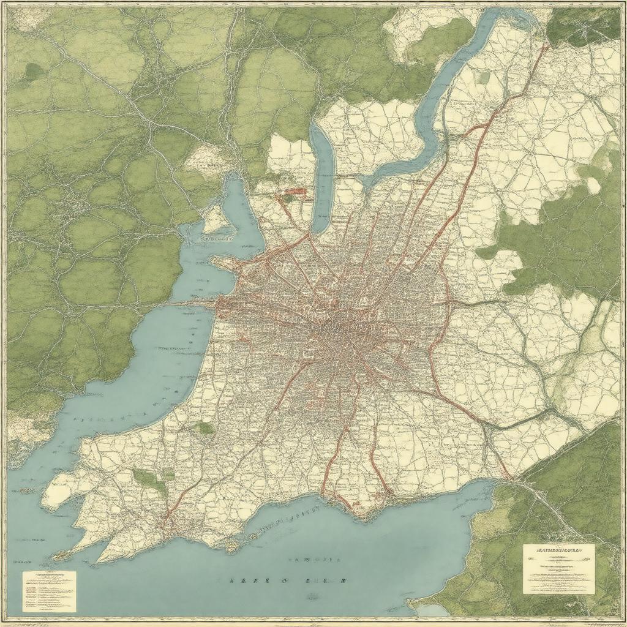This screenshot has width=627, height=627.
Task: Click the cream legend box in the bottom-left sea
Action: click(x=49, y=591)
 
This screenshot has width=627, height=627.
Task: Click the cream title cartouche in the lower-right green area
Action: click(x=558, y=569)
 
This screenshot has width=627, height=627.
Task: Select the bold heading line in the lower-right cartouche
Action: click(x=558, y=549)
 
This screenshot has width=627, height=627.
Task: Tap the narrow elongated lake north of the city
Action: click(x=323, y=178)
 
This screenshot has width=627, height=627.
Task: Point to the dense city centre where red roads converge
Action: click(x=343, y=331)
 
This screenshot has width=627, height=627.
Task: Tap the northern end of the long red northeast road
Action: click(x=545, y=44)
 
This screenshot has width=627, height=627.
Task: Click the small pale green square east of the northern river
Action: click(x=484, y=78)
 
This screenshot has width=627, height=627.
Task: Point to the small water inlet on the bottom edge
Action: click(x=432, y=610)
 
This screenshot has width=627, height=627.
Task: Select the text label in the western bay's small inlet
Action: click(x=217, y=238)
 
